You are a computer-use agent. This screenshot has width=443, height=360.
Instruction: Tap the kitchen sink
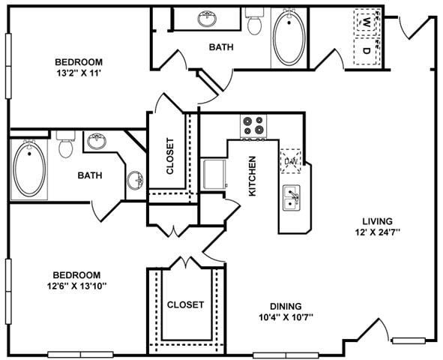tap(292, 198)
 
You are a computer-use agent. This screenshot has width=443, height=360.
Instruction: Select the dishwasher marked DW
tap(290, 160)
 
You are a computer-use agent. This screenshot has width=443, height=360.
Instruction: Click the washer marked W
tap(366, 22)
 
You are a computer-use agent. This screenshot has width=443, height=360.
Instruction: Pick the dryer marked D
tap(366, 51)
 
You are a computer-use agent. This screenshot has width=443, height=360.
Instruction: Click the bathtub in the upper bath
tap(288, 37)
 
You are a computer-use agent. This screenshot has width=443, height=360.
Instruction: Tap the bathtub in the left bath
tap(30, 170)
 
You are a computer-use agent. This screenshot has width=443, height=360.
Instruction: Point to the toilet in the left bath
tap(65, 145)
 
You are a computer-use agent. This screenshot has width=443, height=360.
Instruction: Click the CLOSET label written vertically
tap(171, 155)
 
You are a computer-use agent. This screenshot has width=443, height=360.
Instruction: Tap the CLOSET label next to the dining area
tap(185, 304)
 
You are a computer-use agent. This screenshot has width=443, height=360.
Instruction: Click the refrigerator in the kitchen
tap(214, 173)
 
